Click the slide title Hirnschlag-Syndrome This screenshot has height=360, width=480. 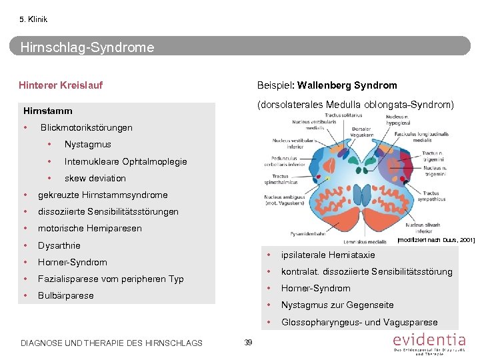[87, 47]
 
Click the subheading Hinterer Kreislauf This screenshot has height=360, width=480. [61, 85]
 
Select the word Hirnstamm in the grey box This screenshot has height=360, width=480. [48, 111]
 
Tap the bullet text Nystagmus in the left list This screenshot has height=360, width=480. [88, 145]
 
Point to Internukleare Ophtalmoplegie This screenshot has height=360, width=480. [125, 161]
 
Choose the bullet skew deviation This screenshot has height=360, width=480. [95, 178]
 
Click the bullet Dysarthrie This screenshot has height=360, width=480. [59, 245]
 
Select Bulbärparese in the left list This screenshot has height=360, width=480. [66, 295]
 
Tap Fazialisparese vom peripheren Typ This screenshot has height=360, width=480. [111, 279]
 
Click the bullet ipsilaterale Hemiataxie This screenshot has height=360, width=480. [328, 255]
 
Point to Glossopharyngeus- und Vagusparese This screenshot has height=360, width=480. [359, 322]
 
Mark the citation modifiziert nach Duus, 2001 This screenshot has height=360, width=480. [435, 239]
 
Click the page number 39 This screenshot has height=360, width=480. [248, 342]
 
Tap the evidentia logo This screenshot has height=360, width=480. [429, 343]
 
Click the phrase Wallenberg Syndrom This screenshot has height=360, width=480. [347, 85]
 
